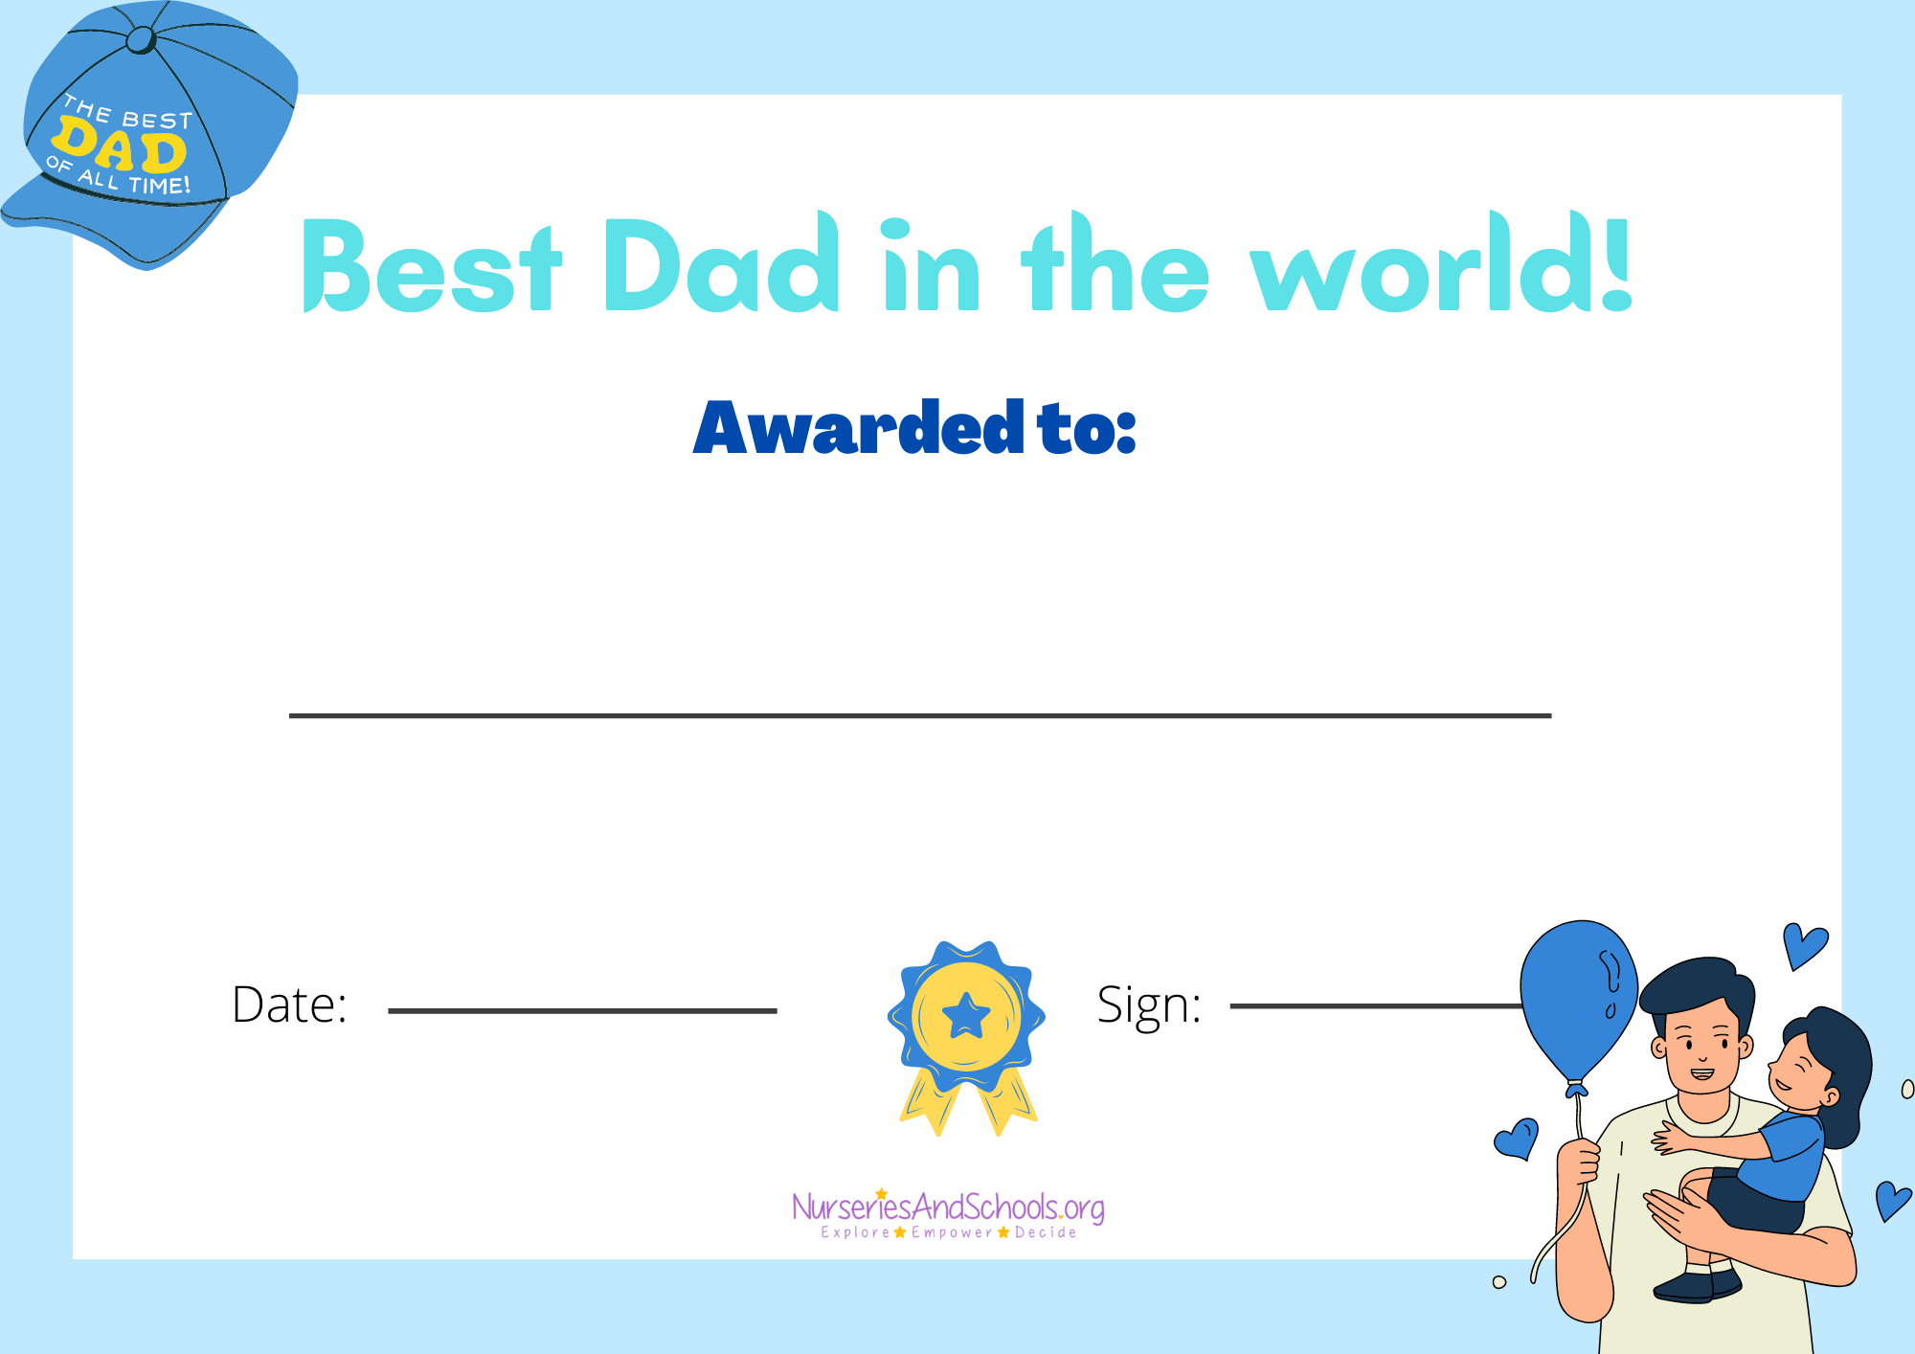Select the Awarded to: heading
point(914,427)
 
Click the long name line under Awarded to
point(920,715)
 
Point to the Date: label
point(289,1004)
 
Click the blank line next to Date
point(582,1010)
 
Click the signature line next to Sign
point(1377,1005)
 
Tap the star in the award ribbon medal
point(966,1016)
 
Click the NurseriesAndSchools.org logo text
point(948,1207)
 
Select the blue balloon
point(1578,1001)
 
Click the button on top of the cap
point(141,40)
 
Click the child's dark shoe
point(1684,1286)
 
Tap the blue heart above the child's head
point(1805,945)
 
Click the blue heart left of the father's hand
point(1517,1139)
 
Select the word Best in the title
point(431,265)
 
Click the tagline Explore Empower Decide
point(948,1232)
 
